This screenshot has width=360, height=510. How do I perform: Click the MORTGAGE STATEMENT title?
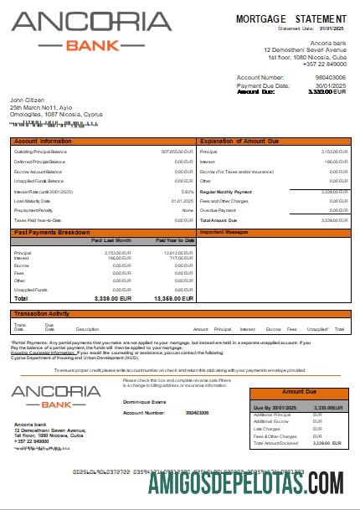pos(291,18)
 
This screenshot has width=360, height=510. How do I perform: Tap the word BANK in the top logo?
pos(91,45)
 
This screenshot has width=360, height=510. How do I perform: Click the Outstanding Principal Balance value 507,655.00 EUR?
pos(177,152)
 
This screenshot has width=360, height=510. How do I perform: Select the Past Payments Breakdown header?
pos(52,231)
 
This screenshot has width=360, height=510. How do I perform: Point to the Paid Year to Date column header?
pos(175,240)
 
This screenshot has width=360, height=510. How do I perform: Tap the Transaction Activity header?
pos(42,313)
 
